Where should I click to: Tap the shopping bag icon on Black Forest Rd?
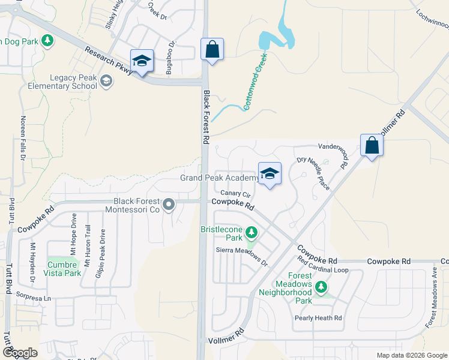212,49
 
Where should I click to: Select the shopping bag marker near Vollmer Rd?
372,145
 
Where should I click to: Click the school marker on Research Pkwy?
142,61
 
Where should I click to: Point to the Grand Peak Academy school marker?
270,174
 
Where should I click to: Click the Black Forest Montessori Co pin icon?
169,205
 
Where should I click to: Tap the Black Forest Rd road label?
206,117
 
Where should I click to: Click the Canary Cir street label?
235,193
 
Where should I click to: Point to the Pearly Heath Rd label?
318,318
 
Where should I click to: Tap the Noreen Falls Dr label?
23,137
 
